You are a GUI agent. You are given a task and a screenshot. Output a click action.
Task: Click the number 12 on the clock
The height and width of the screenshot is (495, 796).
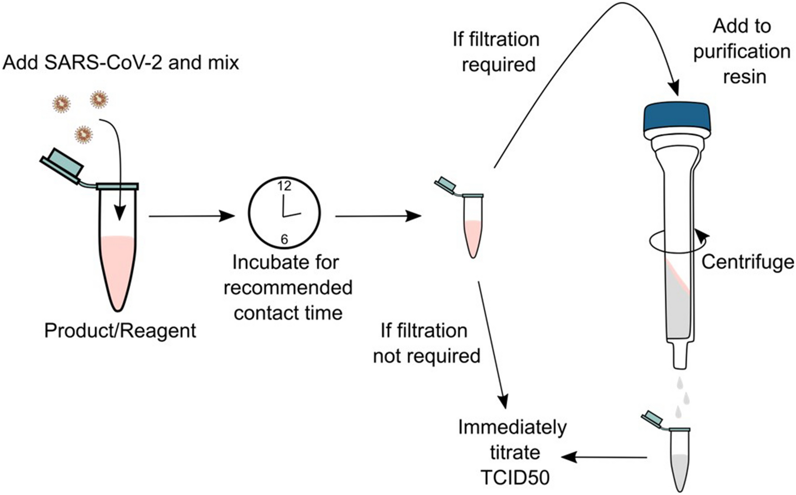[284, 186]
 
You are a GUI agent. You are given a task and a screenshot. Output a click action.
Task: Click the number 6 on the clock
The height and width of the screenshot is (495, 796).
[284, 240]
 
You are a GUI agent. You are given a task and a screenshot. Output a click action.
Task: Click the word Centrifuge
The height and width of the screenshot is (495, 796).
[747, 262]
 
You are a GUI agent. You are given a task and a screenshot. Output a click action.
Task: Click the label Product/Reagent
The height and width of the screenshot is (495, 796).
[120, 331]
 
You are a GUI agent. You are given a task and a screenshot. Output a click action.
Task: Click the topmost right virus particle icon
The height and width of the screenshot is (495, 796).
[99, 100]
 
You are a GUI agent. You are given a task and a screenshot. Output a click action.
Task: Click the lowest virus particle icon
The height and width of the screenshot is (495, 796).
[83, 134]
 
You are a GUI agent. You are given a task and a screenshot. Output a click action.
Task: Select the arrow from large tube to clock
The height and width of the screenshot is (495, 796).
[191, 216]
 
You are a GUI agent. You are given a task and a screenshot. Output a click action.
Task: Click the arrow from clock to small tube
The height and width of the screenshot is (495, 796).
[378, 216]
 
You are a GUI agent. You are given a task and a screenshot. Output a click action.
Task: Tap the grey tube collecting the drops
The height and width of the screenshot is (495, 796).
[679, 467]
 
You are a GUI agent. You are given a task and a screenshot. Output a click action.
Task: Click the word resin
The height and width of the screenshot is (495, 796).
[744, 77]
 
